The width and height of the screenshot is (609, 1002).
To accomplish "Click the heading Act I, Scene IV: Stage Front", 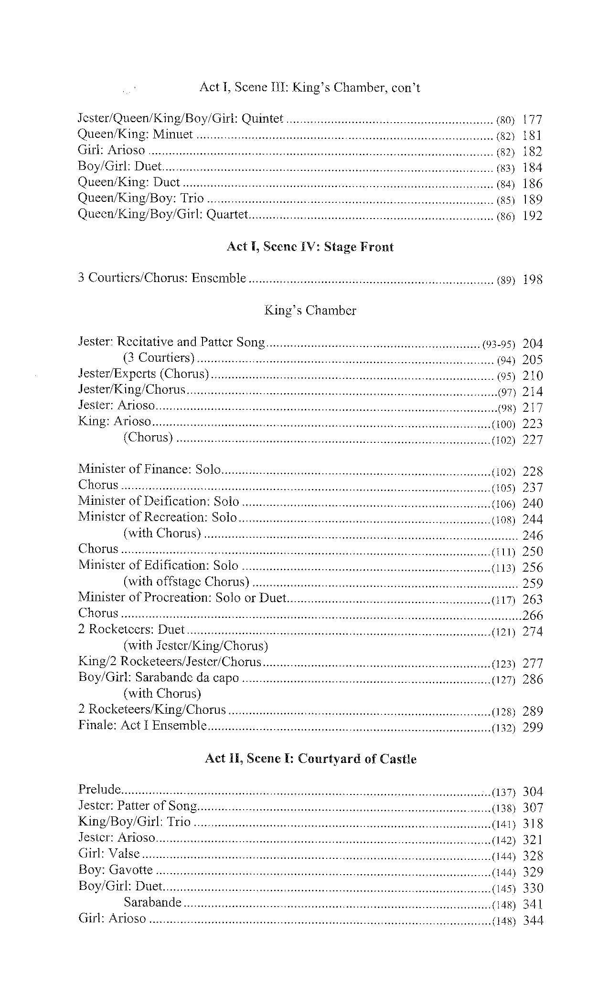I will [x=310, y=247].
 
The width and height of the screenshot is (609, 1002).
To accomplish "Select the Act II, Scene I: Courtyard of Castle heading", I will [x=310, y=759].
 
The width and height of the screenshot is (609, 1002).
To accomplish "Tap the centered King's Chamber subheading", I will [x=310, y=311].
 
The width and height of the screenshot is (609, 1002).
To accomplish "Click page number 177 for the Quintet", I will [x=533, y=119].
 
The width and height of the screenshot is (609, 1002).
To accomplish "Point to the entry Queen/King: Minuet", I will [x=135, y=135].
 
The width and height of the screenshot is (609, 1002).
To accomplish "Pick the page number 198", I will [x=533, y=279].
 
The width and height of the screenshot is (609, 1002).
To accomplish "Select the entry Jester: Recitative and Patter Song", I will [x=171, y=342].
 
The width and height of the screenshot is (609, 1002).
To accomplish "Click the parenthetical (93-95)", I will [x=498, y=344].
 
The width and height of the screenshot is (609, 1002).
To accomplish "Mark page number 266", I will [x=533, y=616].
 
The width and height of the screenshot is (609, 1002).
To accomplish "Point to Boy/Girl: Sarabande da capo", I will [x=159, y=678].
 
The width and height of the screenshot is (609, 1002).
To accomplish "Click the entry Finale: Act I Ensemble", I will [x=142, y=726].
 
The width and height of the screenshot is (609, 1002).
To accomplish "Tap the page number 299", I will [x=533, y=728].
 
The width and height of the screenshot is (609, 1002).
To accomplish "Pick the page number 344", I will [x=533, y=920].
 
